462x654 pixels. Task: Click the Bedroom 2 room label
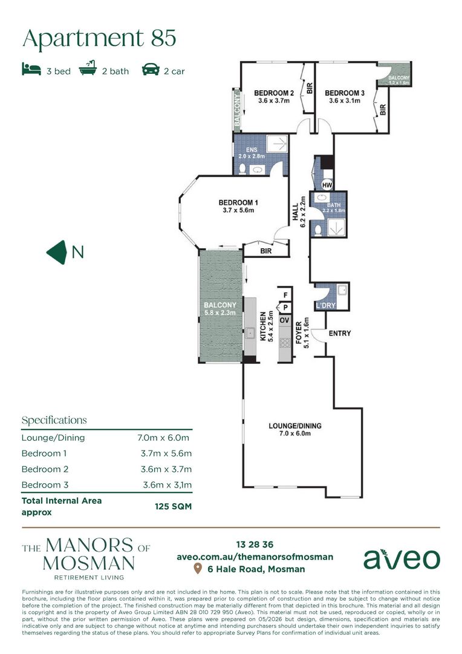click(x=274, y=93)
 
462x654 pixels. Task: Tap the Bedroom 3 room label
click(x=345, y=93)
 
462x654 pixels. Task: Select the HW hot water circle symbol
click(x=327, y=185)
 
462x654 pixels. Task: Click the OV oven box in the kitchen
click(x=285, y=320)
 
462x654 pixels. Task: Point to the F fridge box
click(x=285, y=295)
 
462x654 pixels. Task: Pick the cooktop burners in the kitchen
click(x=285, y=343)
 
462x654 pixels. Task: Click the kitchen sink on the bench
click(x=250, y=333)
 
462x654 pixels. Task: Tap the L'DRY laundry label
click(x=326, y=305)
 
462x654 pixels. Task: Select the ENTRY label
click(x=339, y=333)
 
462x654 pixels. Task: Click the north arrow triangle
click(x=57, y=253)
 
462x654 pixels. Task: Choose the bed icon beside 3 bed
click(x=31, y=69)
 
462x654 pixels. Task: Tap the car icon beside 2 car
click(x=151, y=70)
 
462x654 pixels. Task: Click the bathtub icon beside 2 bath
click(x=88, y=68)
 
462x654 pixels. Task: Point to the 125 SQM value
click(x=174, y=506)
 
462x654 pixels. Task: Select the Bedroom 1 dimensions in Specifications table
click(x=166, y=454)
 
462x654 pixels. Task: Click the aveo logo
click(x=402, y=559)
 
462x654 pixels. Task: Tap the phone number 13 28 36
click(x=255, y=544)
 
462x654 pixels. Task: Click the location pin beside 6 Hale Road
click(x=198, y=569)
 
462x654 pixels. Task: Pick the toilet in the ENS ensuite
click(x=242, y=169)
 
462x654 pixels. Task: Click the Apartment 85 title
click(x=99, y=38)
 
